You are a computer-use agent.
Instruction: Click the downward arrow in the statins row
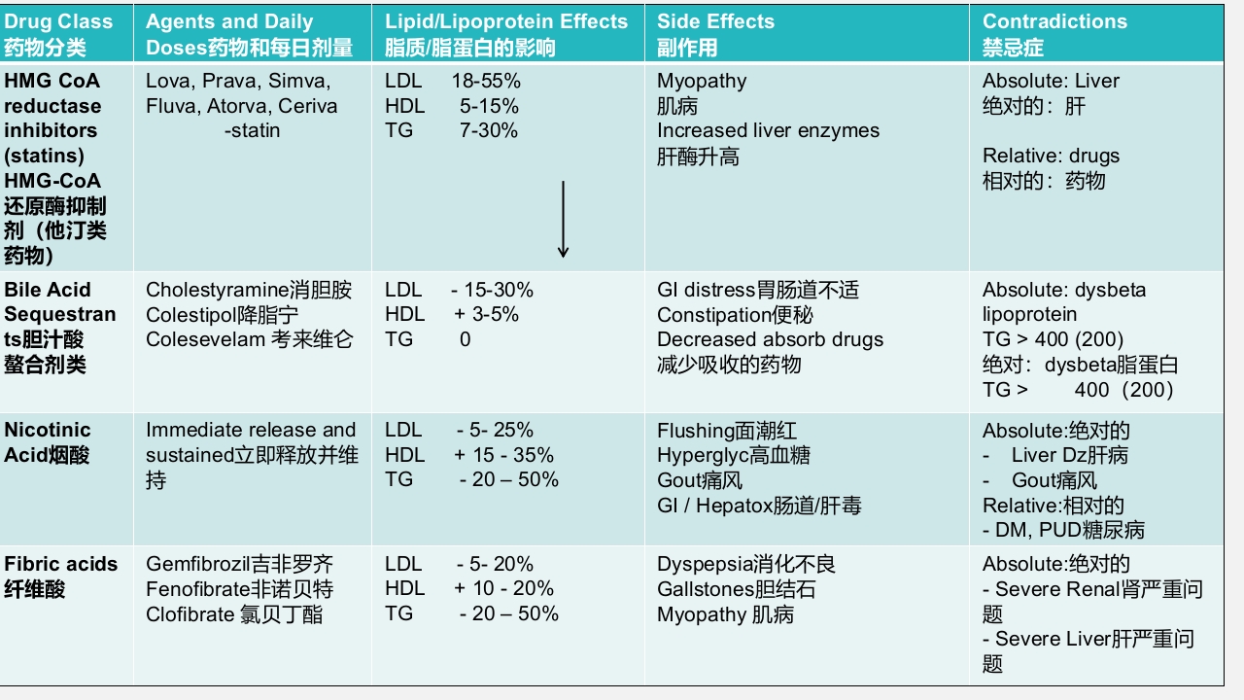(563, 220)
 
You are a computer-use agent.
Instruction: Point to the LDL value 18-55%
(486, 82)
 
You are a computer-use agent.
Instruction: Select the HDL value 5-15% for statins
(489, 106)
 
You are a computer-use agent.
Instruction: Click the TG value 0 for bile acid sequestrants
(466, 339)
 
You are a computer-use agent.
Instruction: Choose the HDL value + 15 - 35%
(503, 455)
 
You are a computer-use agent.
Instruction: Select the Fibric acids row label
(60, 577)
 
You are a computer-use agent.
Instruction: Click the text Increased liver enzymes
(768, 131)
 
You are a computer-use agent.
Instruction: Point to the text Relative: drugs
(1051, 156)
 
